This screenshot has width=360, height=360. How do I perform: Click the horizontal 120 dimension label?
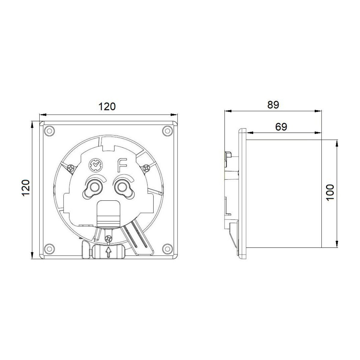pyautogui.click(x=107, y=106)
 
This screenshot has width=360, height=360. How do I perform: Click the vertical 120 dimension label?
pyautogui.click(x=26, y=187)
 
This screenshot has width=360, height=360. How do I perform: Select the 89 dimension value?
pyautogui.click(x=273, y=105)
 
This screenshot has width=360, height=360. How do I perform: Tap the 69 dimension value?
pyautogui.click(x=281, y=127)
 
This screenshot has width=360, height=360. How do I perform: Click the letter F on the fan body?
pyautogui.click(x=122, y=165)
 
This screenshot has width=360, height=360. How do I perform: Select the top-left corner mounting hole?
pyautogui.click(x=49, y=131)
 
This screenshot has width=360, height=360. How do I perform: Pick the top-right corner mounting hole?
pyautogui.click(x=167, y=131)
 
